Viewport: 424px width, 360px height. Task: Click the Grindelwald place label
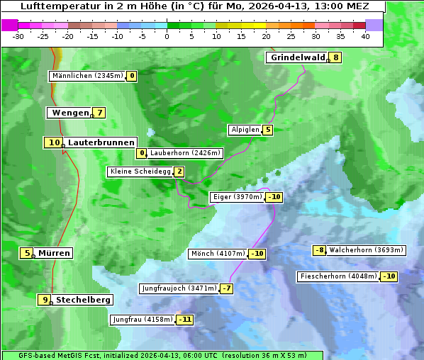(x=297, y=57)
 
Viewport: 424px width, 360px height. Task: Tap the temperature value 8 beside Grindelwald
(x=336, y=57)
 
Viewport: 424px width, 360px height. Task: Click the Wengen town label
(x=70, y=113)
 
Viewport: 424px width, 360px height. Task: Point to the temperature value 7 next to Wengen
(x=100, y=113)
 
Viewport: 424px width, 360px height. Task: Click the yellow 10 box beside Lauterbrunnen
(x=54, y=142)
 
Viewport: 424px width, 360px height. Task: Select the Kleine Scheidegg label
(x=140, y=171)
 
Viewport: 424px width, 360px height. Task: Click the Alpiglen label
(x=245, y=130)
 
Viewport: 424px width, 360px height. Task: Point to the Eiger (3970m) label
(x=238, y=197)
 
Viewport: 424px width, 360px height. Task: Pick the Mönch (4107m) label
(x=218, y=254)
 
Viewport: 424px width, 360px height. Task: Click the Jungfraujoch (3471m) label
(x=179, y=288)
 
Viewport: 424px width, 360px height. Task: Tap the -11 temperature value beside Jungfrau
(x=185, y=320)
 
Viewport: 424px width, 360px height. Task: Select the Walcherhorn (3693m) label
(x=367, y=250)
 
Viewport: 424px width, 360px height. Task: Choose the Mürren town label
(x=55, y=253)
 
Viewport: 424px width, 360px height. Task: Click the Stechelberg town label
(x=83, y=300)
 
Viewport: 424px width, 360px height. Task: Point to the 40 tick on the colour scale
(x=365, y=36)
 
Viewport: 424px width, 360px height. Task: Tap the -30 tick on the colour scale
(x=18, y=36)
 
